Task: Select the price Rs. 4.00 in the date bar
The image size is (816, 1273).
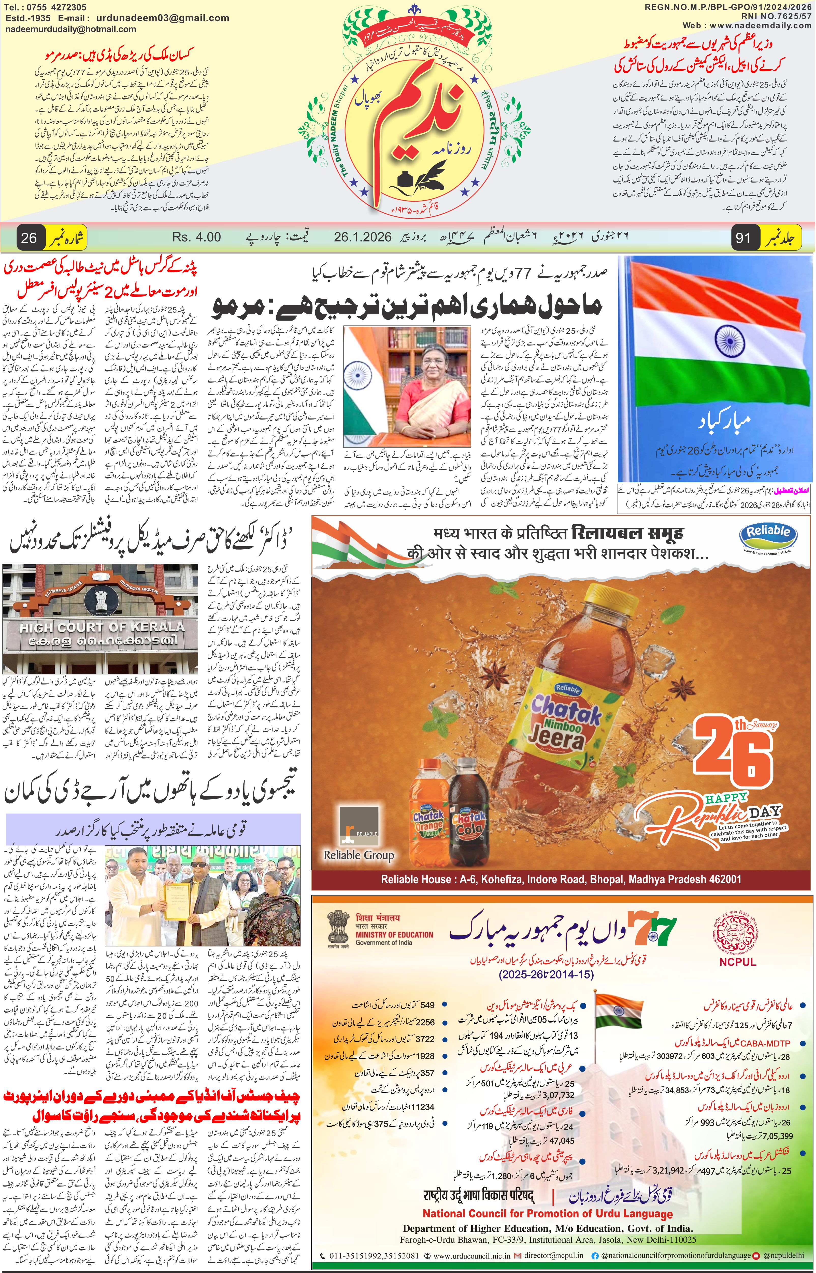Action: pos(197,237)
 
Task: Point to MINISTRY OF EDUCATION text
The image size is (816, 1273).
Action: pos(394,935)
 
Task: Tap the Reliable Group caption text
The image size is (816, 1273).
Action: pos(359,855)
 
